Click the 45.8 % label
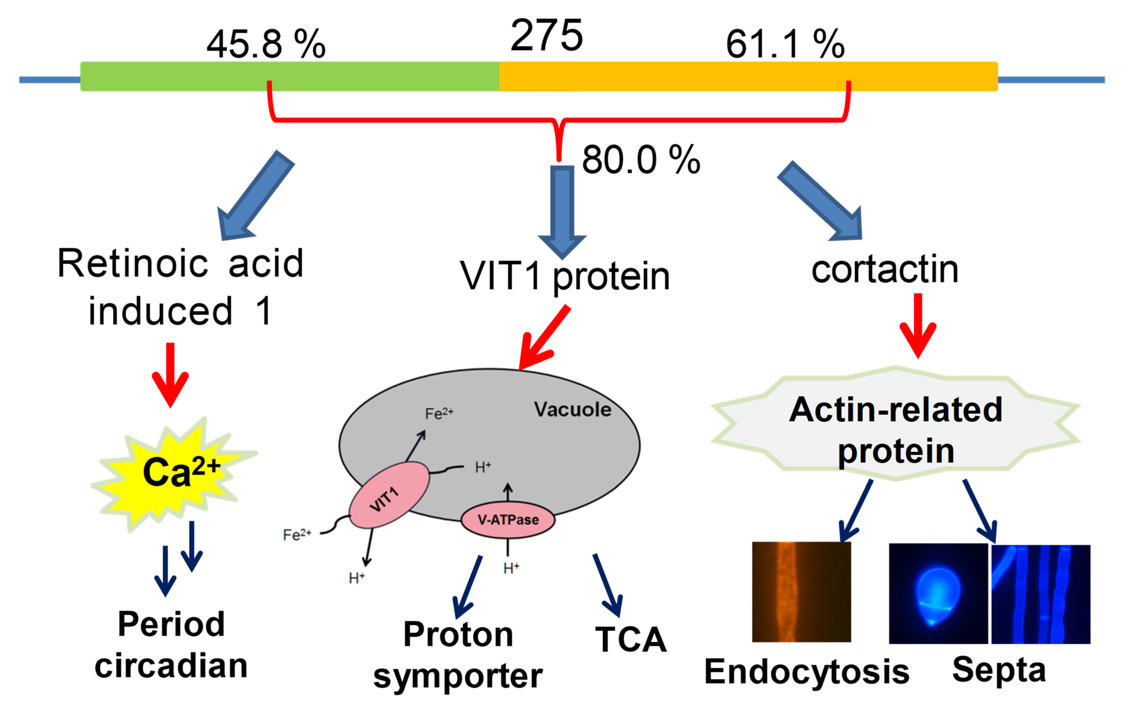point(266,44)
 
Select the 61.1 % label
point(785,44)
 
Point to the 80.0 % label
point(641,160)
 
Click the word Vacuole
point(572,410)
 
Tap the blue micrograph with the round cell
point(938,594)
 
